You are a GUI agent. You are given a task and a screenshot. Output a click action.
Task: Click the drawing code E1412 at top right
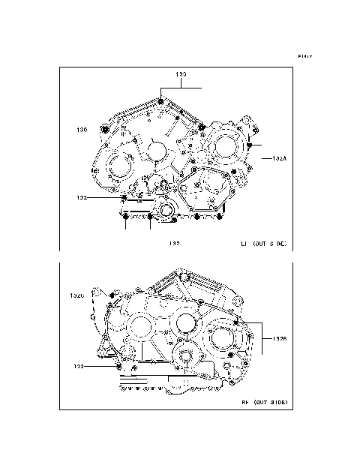(304, 56)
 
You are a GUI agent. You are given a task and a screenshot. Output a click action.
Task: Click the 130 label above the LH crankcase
(181, 75)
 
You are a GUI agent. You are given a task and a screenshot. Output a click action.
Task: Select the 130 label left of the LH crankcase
(82, 130)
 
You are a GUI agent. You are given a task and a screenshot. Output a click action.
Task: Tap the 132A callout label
(280, 159)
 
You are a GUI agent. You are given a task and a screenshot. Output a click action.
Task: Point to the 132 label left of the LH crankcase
(82, 198)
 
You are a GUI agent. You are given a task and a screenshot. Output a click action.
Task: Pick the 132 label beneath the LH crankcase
(174, 243)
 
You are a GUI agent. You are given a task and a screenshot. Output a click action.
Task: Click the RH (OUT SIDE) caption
(263, 403)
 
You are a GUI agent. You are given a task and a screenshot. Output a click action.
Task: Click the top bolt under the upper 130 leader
(162, 101)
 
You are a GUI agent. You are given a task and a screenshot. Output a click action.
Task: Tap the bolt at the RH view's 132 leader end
(118, 367)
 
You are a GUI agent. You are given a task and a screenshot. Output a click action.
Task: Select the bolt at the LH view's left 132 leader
(124, 198)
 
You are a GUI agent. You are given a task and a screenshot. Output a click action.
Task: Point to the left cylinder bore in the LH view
(118, 166)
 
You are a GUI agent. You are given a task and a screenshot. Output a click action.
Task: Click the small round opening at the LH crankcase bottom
(166, 209)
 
